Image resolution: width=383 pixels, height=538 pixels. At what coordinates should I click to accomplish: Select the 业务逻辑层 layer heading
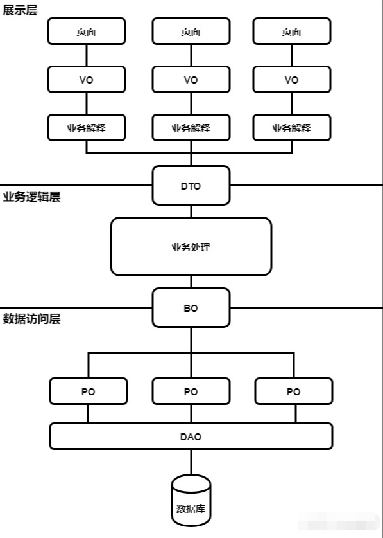click(x=31, y=197)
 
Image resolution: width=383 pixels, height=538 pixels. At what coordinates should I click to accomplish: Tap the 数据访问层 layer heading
click(x=31, y=319)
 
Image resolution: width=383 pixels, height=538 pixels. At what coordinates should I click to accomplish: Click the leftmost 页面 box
click(x=87, y=31)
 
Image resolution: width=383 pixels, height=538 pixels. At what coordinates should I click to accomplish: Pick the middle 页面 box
click(x=191, y=31)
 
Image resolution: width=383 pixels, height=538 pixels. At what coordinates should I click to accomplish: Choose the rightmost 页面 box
click(x=292, y=31)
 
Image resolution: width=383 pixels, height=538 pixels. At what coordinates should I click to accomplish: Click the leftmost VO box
click(x=87, y=80)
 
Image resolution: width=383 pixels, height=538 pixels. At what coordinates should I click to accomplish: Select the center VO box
click(x=191, y=80)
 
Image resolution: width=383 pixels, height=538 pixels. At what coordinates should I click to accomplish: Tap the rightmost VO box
click(x=292, y=80)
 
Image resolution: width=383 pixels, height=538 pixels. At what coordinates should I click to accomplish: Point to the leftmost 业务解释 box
click(x=87, y=127)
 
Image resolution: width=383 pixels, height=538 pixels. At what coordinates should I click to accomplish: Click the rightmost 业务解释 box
click(x=292, y=127)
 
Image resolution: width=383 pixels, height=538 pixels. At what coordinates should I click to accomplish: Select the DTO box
click(x=191, y=186)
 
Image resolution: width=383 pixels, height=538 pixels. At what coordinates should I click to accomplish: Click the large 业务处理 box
click(x=191, y=246)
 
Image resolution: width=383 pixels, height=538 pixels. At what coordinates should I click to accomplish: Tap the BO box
click(x=191, y=308)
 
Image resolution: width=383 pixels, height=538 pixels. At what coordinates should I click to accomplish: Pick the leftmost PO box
click(x=88, y=391)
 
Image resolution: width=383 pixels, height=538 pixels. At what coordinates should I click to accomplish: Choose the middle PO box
click(x=191, y=391)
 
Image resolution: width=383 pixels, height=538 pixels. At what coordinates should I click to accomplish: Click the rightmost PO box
click(x=293, y=391)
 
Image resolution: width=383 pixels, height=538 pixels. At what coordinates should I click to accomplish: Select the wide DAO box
click(x=191, y=436)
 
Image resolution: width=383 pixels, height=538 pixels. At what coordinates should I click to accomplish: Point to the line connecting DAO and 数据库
click(x=191, y=462)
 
